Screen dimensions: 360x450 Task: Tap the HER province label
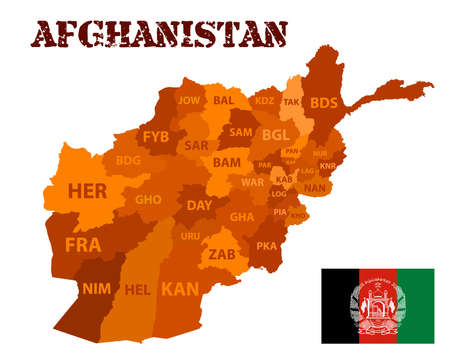(87, 190)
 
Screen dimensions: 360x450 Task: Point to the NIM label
(96, 288)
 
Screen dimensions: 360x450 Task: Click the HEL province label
(137, 290)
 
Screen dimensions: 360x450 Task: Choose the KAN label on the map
(180, 289)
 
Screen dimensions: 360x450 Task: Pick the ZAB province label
(222, 254)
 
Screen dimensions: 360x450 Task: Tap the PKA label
(266, 245)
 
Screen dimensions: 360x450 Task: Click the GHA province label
(242, 216)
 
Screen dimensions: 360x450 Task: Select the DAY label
(200, 205)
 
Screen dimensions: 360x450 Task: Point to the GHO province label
(148, 199)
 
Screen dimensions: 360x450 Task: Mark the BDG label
(128, 160)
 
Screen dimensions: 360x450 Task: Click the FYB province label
(155, 136)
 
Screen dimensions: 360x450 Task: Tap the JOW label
(189, 100)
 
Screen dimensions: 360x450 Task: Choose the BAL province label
(223, 100)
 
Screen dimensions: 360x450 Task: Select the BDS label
(324, 102)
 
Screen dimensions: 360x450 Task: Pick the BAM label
(227, 161)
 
